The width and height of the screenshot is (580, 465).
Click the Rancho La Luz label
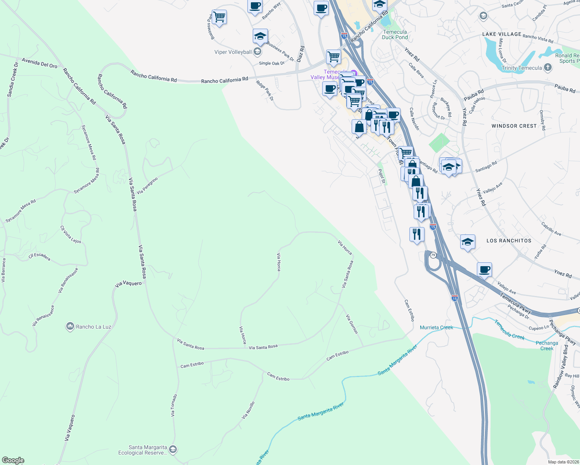point(93,327)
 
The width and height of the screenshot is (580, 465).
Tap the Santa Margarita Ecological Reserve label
point(143,450)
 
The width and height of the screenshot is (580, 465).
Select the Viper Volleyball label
point(233,52)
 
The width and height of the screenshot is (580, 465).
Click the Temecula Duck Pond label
point(395,34)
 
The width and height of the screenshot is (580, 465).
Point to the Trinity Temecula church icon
point(547,67)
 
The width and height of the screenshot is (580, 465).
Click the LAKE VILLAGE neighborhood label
point(502,34)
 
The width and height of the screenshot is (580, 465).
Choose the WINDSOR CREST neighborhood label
point(514,126)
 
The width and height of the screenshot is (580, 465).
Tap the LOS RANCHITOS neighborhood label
point(509,241)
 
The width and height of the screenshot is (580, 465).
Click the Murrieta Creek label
point(436,327)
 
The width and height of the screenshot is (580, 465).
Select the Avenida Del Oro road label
point(40,63)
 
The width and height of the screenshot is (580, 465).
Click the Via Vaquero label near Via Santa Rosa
point(128,284)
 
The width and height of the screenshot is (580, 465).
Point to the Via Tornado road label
point(174,405)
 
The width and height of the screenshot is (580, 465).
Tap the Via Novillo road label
point(248,410)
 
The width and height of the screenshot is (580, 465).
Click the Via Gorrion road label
point(352,324)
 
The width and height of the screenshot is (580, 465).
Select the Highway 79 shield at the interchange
point(433,255)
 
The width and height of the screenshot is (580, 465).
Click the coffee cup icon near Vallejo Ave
point(484,269)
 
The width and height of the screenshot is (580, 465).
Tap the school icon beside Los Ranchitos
point(468,242)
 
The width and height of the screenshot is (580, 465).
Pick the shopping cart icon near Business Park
point(219,17)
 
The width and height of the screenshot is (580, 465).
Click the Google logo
point(13,460)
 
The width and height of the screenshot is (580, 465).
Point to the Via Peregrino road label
point(147,186)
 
